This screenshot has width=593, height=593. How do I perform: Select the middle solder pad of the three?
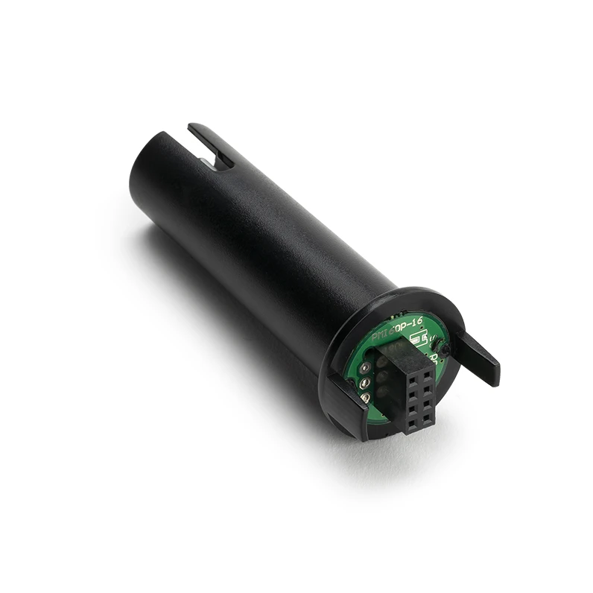point(364,384)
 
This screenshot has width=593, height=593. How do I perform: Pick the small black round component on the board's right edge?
point(443,348)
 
